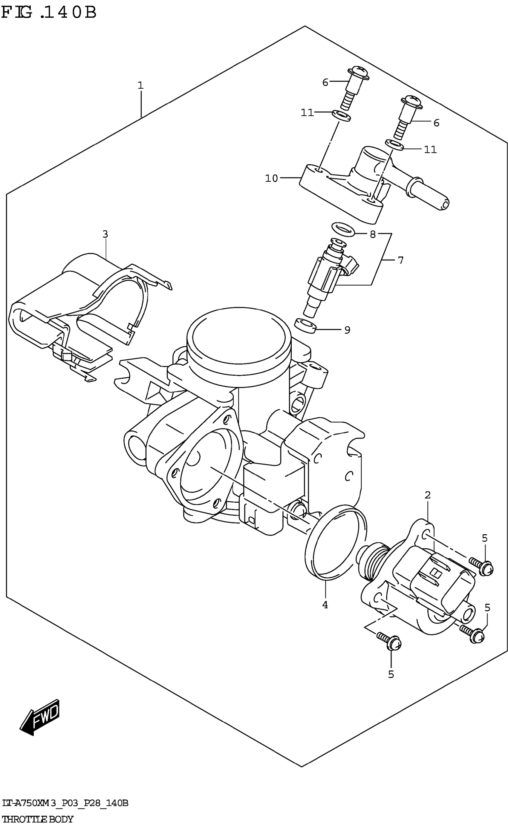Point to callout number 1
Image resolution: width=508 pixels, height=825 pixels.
140,85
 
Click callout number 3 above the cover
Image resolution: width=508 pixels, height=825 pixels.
105,234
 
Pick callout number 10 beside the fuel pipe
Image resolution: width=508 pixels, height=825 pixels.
271,178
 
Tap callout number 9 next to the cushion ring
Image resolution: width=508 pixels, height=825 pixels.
347,330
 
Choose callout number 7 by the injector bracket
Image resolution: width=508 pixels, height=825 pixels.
400,260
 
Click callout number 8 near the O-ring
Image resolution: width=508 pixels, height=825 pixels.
372,234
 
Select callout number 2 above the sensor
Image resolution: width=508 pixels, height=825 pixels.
427,495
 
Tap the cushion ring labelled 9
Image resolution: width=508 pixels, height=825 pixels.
305,326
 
